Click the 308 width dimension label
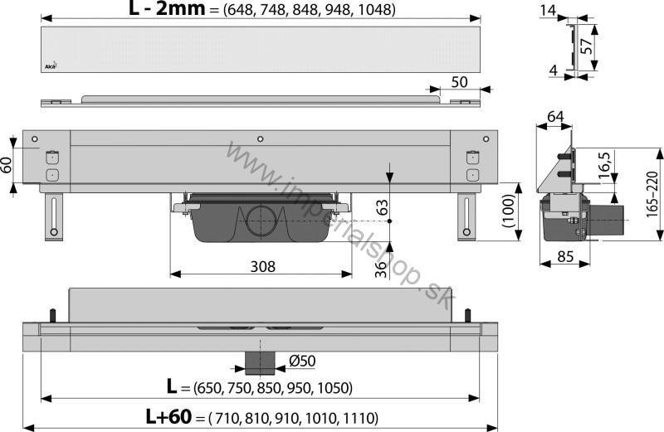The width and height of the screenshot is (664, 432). [262, 266]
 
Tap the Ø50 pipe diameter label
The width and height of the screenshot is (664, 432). [302, 361]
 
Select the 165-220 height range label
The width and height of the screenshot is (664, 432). [652, 194]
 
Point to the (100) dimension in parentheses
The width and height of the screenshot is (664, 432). [508, 211]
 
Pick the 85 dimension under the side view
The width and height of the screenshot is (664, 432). [565, 256]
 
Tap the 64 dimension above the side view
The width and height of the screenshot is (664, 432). [555, 116]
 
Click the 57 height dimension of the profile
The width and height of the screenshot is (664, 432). [586, 46]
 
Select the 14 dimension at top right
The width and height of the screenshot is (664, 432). [548, 10]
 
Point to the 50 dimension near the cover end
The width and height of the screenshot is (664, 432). [459, 81]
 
